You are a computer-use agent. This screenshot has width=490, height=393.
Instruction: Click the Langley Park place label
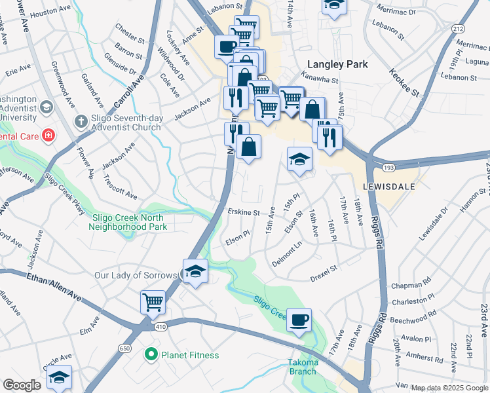[337, 64]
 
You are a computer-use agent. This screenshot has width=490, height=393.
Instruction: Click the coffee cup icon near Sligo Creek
[299, 320]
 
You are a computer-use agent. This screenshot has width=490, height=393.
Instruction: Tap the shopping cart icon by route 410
[153, 303]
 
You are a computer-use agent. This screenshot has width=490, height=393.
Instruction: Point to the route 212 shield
[458, 29]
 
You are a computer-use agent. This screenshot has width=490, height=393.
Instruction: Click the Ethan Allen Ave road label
[54, 288]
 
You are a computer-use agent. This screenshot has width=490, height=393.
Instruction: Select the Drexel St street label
[324, 269]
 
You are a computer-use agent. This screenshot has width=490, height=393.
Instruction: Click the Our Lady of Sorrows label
[136, 276]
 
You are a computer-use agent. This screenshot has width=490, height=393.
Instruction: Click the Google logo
[22, 385]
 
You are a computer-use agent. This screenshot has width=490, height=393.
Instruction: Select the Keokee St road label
[404, 83]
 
